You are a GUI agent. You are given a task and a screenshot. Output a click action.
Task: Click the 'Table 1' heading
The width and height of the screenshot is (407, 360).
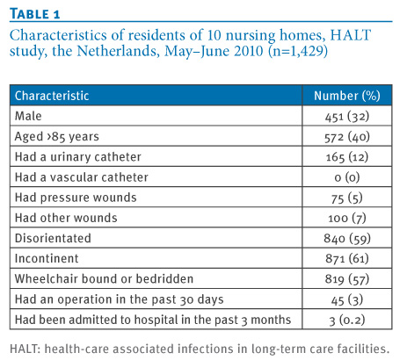click(x=35, y=14)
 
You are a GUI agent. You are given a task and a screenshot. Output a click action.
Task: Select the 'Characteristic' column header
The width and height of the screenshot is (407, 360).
click(x=52, y=96)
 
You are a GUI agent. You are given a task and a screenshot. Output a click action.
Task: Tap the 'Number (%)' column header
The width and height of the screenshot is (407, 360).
click(x=347, y=96)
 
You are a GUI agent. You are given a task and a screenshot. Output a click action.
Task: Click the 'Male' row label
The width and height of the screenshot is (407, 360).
click(x=28, y=116)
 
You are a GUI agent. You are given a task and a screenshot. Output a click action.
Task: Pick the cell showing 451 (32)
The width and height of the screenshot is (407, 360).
click(x=347, y=117)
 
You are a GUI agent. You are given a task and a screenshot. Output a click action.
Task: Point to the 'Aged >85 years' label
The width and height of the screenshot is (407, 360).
click(x=57, y=137)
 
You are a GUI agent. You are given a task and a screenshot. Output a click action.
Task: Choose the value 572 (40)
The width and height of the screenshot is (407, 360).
click(x=347, y=137)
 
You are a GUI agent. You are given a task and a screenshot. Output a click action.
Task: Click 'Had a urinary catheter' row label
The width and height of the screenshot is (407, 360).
click(x=78, y=157)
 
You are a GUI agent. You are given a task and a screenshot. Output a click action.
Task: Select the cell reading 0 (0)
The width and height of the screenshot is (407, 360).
click(x=347, y=177)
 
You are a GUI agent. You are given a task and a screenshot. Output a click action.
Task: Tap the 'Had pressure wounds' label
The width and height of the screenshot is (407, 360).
click(x=76, y=198)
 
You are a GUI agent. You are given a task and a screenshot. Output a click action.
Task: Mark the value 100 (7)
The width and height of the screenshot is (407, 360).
click(x=347, y=218)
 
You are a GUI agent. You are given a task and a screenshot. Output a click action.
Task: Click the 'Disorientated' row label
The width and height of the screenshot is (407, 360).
click(x=53, y=238)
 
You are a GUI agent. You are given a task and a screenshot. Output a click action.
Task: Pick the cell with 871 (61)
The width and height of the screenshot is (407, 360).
click(x=347, y=259)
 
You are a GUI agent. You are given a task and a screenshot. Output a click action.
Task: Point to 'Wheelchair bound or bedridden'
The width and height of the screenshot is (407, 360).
click(x=104, y=279)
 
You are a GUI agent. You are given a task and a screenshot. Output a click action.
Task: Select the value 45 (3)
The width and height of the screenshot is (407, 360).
click(x=347, y=299)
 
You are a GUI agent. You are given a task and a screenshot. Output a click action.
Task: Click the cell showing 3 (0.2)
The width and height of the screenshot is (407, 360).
click(x=347, y=320)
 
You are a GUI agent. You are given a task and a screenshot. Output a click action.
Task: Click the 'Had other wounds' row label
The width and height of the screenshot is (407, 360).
click(x=66, y=218)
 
